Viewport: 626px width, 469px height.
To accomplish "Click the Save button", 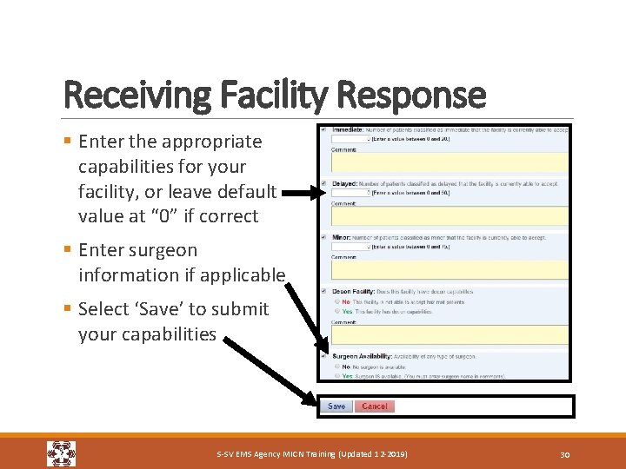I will [x=336, y=406].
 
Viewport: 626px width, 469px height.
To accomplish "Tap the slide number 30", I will [x=564, y=454].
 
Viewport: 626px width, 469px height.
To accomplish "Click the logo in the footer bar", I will [x=61, y=453].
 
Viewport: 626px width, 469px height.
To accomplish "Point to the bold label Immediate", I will [x=348, y=129].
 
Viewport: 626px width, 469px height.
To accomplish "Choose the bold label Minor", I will [x=342, y=237].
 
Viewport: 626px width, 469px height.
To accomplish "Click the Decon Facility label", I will [x=354, y=292].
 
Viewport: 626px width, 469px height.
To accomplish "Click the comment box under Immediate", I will [x=450, y=162].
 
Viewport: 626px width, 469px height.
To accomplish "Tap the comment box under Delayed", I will [x=450, y=216].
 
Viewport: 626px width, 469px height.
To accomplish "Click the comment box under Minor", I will [x=450, y=270].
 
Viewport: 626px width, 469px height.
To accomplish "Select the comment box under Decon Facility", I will [x=450, y=335].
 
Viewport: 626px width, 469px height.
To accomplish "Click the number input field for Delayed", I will [x=350, y=193].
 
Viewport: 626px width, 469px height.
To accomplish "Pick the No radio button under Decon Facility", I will [x=336, y=301].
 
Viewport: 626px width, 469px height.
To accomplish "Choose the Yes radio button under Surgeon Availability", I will [x=336, y=376].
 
